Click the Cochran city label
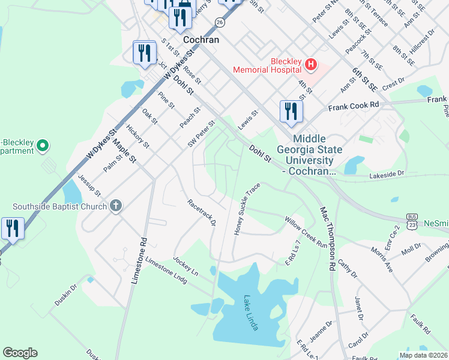(x=201, y=40)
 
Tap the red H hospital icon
(x=310, y=64)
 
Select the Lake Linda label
(x=252, y=313)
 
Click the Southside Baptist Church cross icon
(x=116, y=206)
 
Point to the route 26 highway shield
(x=220, y=22)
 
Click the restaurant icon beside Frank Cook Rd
(x=291, y=111)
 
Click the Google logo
(x=20, y=353)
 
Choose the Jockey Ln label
(x=185, y=266)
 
